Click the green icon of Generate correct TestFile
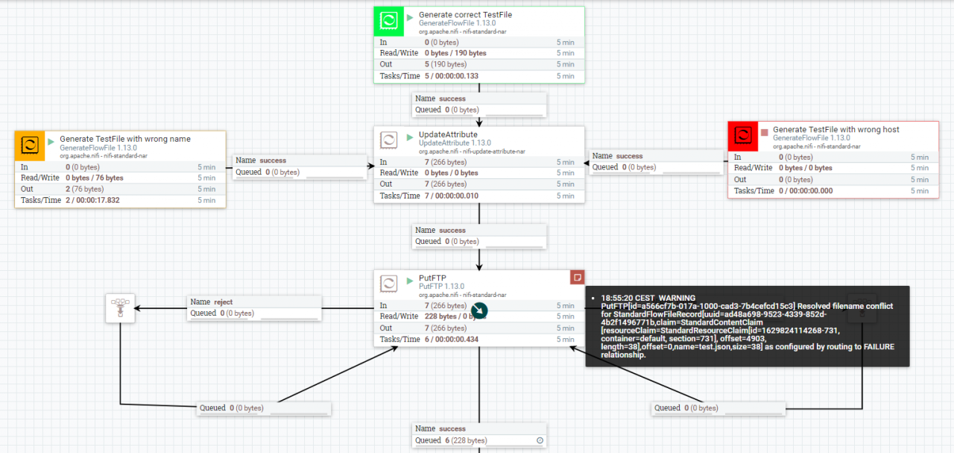(x=388, y=21)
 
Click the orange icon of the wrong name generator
(x=30, y=146)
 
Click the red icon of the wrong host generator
(x=743, y=136)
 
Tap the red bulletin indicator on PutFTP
(x=577, y=278)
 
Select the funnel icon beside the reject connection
(x=120, y=308)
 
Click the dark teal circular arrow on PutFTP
(x=479, y=310)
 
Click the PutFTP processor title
(x=432, y=278)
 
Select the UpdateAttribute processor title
(x=448, y=134)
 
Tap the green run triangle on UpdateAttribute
(x=410, y=137)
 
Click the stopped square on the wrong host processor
(x=765, y=132)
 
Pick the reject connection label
(x=211, y=302)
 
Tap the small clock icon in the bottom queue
(x=540, y=440)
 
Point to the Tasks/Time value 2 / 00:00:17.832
(x=92, y=200)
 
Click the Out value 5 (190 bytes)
(x=446, y=64)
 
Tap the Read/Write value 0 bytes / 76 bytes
(x=95, y=178)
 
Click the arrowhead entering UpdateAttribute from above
(x=479, y=123)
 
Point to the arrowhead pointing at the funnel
(x=138, y=308)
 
